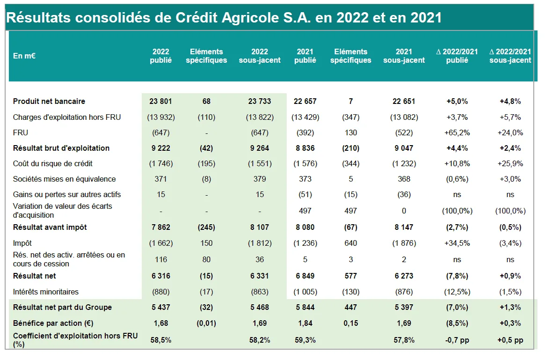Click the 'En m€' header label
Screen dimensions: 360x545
click(24, 56)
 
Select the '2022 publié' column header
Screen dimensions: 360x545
click(161, 56)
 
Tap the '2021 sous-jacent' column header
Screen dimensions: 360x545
click(404, 56)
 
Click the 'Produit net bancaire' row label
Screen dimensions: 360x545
click(49, 101)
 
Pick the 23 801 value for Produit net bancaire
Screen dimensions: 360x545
click(160, 101)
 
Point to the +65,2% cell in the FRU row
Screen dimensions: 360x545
click(457, 132)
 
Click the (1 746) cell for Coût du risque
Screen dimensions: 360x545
click(160, 164)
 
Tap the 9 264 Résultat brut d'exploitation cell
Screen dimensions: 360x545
click(260, 148)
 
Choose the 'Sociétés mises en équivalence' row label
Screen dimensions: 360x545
click(64, 179)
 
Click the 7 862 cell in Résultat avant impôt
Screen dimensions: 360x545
click(160, 228)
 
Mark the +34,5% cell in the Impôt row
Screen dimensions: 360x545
click(457, 243)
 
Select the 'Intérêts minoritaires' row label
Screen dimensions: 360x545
click(46, 292)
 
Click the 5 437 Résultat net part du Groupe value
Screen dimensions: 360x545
click(160, 308)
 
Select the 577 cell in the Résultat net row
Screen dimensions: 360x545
click(350, 276)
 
